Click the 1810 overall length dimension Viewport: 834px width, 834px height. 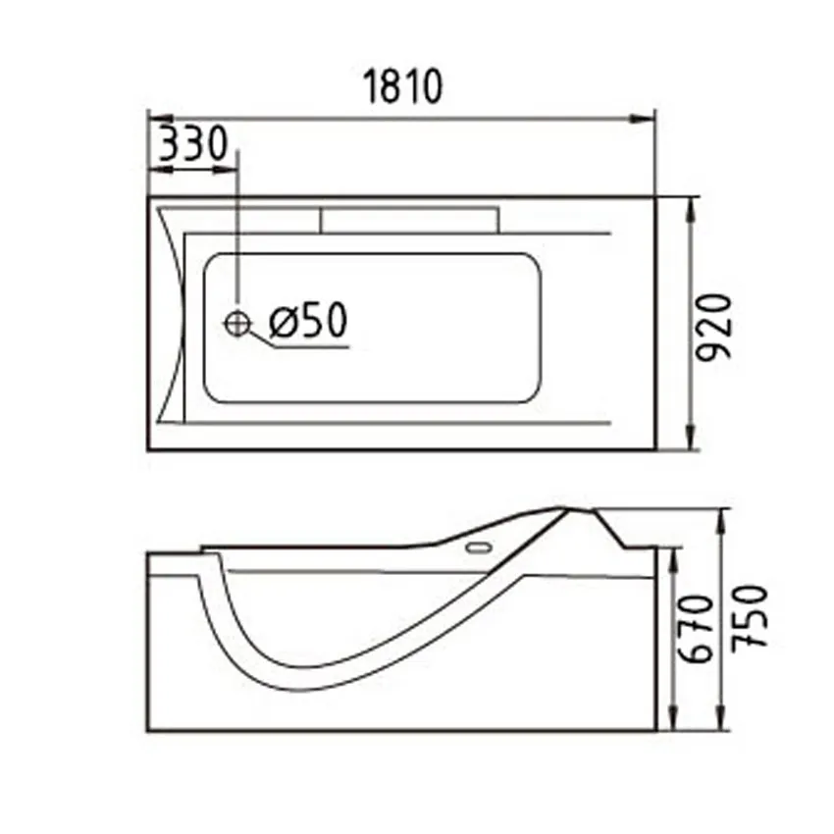pos(403,87)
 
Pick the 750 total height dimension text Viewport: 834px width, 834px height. pos(748,615)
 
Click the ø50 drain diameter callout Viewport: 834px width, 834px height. pos(307,321)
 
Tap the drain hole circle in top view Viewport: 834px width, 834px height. pos(237,322)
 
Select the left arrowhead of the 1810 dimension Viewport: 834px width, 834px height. pos(155,119)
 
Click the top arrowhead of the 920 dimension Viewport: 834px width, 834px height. pos(693,203)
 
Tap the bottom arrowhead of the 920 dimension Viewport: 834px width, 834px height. pos(693,443)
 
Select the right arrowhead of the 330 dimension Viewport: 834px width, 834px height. pos(231,170)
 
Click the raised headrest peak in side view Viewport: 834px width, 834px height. pos(567,509)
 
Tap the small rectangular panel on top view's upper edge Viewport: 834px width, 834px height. pos(408,219)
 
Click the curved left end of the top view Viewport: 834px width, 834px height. pos(174,319)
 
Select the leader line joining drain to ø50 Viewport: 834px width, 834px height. pos(261,339)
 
